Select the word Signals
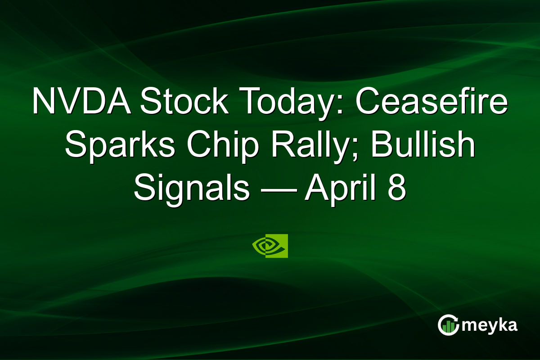point(191,189)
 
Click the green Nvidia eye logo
point(270,246)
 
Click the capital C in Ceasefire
point(368,103)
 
